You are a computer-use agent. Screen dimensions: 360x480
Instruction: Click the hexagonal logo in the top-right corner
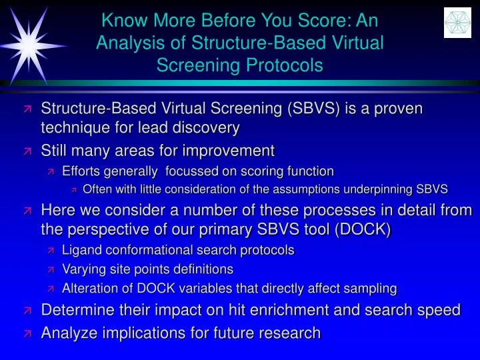[x=457, y=23]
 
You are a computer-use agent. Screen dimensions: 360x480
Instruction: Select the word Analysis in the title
[x=124, y=43]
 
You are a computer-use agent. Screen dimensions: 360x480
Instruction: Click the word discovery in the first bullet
[x=207, y=127]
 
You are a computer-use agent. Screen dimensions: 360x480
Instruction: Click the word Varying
[x=83, y=269]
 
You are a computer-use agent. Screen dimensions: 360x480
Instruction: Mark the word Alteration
[x=89, y=289]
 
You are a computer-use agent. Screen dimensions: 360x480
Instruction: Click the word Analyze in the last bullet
[x=67, y=332]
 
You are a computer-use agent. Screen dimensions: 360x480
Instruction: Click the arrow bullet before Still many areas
[x=27, y=150]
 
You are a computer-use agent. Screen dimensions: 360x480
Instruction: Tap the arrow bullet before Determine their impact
[x=27, y=311]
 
